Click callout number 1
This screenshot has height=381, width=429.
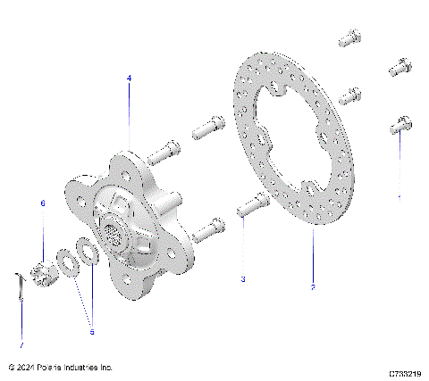tap(400, 195)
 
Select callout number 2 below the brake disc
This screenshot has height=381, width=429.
tap(313, 287)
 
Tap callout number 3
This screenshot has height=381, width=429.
tap(242, 279)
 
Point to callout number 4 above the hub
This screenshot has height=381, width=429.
tap(129, 79)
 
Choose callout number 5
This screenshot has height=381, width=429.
tap(91, 332)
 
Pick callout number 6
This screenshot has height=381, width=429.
tap(41, 203)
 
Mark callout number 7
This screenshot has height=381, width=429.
tap(22, 343)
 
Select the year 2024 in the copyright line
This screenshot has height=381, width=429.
tap(27, 367)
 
